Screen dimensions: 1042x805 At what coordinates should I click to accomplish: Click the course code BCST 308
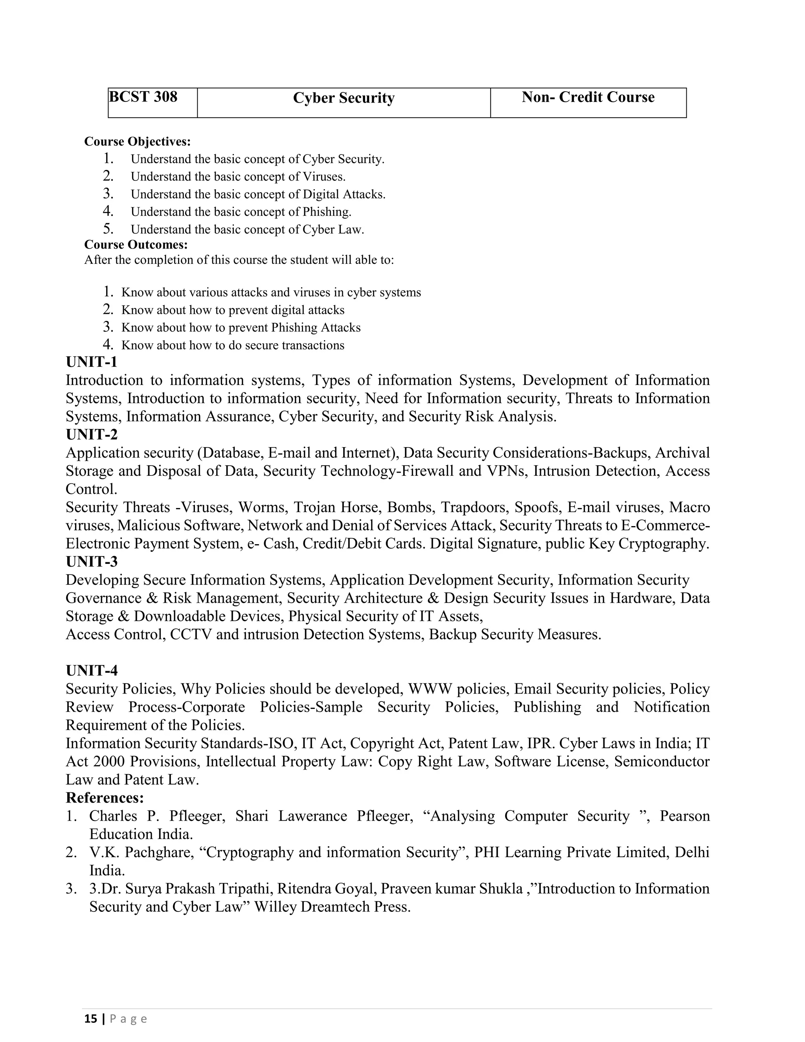143,97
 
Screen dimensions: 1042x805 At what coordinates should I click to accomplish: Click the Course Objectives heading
137,142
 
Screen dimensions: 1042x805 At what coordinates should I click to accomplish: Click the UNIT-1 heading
92,362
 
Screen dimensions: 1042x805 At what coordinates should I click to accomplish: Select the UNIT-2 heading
92,434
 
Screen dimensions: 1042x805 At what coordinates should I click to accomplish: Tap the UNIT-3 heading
92,562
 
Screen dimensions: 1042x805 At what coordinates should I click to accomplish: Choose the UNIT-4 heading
92,671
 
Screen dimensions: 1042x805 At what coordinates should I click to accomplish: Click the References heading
105,798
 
